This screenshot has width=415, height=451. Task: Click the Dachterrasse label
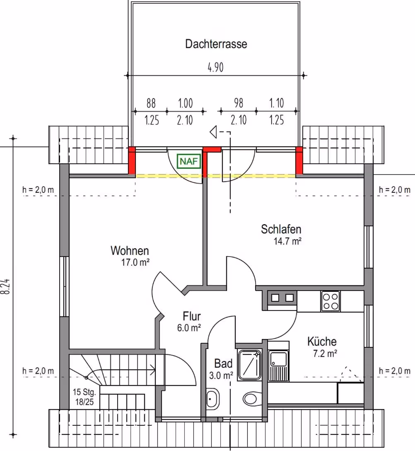(216, 44)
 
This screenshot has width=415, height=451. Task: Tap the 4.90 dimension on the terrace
(215, 67)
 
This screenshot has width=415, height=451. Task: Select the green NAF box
(188, 161)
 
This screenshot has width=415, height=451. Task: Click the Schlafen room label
(281, 229)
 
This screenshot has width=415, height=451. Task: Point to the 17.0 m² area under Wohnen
(135, 262)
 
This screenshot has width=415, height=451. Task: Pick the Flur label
(192, 316)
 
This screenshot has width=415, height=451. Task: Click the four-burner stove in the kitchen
(331, 301)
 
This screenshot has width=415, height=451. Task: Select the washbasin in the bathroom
(212, 399)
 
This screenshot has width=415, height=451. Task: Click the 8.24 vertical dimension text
(7, 286)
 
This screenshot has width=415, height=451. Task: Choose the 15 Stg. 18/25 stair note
(84, 397)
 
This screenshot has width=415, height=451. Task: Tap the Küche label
(322, 342)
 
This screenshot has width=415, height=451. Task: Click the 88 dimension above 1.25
(151, 103)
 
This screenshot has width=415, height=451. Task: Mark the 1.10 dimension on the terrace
(277, 103)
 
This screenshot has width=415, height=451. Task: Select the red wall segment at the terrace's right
(299, 160)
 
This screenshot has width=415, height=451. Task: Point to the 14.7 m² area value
(287, 241)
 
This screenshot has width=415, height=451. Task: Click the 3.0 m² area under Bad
(221, 376)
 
